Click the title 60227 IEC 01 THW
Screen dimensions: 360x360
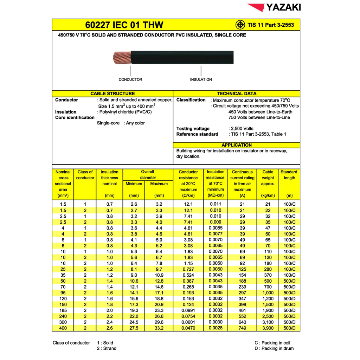[124, 25]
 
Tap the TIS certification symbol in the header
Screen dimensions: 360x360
[240, 25]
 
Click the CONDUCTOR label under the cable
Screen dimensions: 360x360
[130, 79]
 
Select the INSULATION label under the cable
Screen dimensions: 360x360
[201, 79]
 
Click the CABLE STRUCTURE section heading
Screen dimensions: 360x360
[112, 94]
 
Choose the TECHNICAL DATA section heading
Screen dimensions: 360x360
[237, 94]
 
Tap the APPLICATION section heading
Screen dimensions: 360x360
[237, 145]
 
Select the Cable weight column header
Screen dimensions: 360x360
[268, 178]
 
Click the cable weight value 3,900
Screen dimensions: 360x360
[268, 328]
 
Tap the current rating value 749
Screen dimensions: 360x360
[242, 328]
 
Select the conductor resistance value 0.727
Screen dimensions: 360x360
[188, 269]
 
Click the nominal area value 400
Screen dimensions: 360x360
[63, 328]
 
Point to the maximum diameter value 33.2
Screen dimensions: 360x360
[159, 328]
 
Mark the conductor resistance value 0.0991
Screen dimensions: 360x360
[188, 310]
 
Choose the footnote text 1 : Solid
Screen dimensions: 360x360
[105, 343]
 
